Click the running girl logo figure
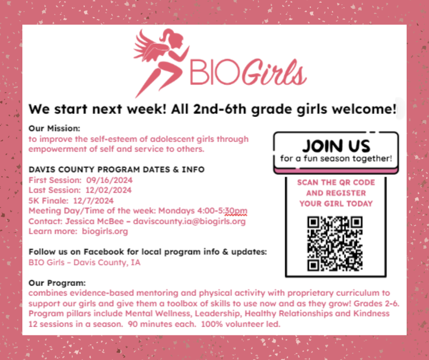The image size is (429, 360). coord(157,59)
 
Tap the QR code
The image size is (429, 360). coord(335,244)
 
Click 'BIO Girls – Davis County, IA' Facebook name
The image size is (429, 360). coord(84,262)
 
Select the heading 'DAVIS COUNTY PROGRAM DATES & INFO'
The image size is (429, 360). coord(116,169)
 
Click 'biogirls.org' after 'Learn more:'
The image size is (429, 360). coord(105,231)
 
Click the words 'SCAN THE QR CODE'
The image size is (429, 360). coord(336,182)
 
